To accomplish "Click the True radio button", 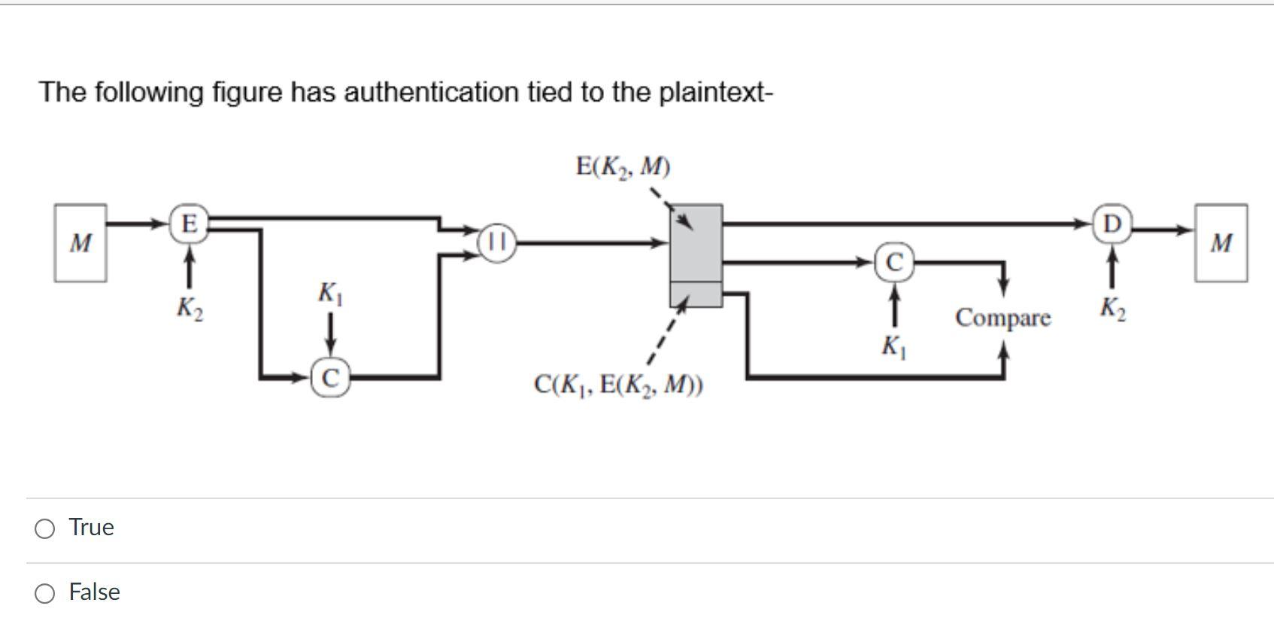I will click(x=45, y=528).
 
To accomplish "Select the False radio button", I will click(x=45, y=593).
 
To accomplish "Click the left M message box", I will click(x=80, y=243).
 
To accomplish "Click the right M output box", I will click(x=1221, y=243).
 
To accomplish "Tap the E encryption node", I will click(x=189, y=224).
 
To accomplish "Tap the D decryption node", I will click(x=1112, y=224).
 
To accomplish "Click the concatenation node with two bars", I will click(x=497, y=243).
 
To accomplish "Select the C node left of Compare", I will click(x=894, y=262).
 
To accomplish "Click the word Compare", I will click(x=1003, y=318).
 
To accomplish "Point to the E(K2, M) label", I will click(x=623, y=166).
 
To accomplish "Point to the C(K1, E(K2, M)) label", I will click(x=618, y=385).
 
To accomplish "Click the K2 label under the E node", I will click(x=189, y=308).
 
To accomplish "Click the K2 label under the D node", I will click(x=1112, y=308).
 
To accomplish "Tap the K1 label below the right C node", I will click(x=894, y=347).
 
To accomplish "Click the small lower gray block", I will click(x=696, y=294).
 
